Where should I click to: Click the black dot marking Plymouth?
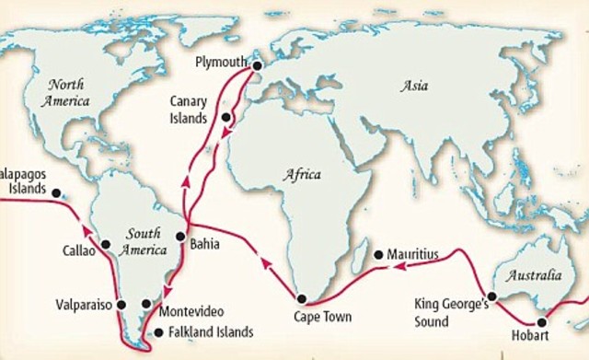point(257,66)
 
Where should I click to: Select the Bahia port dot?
point(180,235)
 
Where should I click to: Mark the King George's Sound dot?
point(492,296)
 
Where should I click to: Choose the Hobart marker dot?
point(542,322)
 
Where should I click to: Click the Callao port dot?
point(107,245)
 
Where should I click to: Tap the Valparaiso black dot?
point(121,303)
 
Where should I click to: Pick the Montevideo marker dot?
point(146,303)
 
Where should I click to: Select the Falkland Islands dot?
point(158,332)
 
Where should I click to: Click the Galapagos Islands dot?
point(56,193)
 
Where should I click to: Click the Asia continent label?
point(415,87)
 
